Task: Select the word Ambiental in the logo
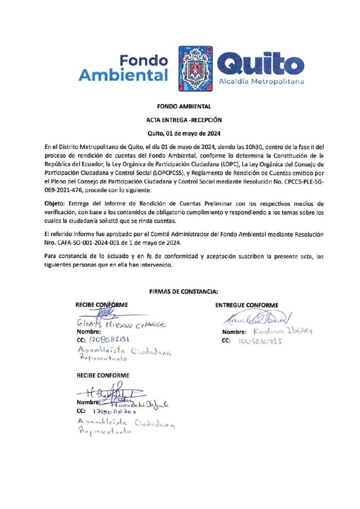[123, 76]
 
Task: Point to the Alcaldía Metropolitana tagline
[261, 81]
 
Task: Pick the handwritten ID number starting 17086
[109, 340]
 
